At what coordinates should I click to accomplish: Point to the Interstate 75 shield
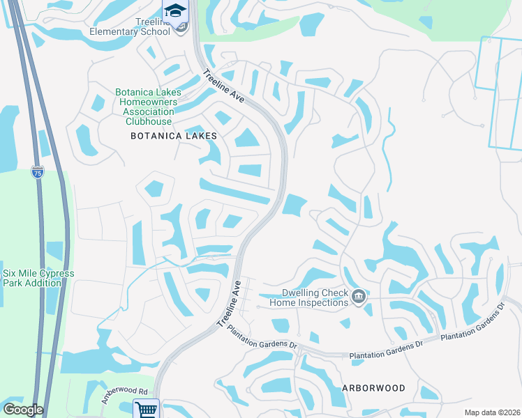tap(38, 172)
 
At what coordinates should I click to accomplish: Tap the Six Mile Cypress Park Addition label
tap(38, 278)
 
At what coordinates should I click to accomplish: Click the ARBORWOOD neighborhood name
tap(373, 388)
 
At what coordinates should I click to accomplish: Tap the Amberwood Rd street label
tap(125, 396)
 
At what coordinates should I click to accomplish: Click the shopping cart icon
tap(147, 409)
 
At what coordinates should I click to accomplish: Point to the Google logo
tap(23, 410)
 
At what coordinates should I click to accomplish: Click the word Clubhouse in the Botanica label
tap(149, 121)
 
